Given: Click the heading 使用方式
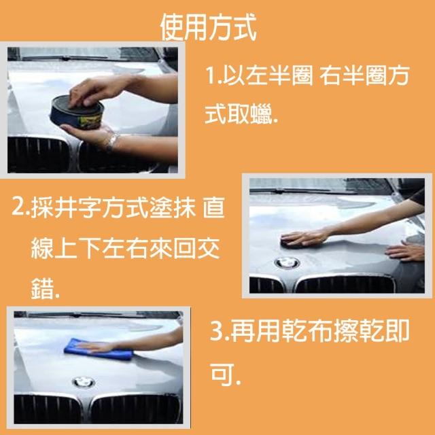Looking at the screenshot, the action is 209,27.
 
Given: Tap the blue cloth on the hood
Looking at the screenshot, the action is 99,349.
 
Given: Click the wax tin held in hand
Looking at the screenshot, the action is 77,112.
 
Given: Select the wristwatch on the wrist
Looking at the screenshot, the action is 113,143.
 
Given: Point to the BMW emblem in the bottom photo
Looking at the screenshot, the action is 84,383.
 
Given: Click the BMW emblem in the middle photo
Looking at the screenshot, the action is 287,263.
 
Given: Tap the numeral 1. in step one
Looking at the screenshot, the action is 213,75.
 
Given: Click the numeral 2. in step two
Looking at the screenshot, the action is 20,207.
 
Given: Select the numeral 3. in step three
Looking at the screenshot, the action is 220,331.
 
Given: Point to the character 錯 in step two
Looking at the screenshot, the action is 42,288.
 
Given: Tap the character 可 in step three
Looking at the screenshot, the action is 222,375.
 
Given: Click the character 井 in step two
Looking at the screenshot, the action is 66,207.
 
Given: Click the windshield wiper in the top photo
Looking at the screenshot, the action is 65,58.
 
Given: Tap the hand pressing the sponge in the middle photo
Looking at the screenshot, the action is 304,237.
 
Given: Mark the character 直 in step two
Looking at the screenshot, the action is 213,207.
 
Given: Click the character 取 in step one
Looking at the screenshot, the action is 239,114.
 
